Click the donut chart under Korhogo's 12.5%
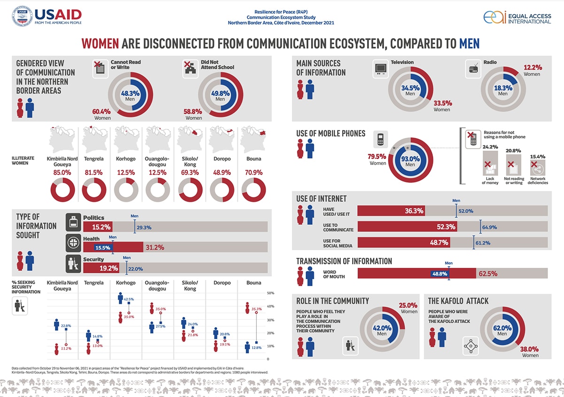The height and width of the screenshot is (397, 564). (x=125, y=192)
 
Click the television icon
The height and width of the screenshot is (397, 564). (x=380, y=69)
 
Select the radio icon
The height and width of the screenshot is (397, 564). (x=473, y=69)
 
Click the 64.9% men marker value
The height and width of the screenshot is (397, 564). (x=489, y=227)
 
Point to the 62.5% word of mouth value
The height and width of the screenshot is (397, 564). (x=488, y=273)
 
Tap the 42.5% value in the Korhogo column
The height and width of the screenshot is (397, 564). (x=128, y=299)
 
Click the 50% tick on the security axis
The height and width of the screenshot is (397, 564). (x=271, y=293)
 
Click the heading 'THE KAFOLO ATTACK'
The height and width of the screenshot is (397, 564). (x=458, y=301)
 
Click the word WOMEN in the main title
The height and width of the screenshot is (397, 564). (x=100, y=44)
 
